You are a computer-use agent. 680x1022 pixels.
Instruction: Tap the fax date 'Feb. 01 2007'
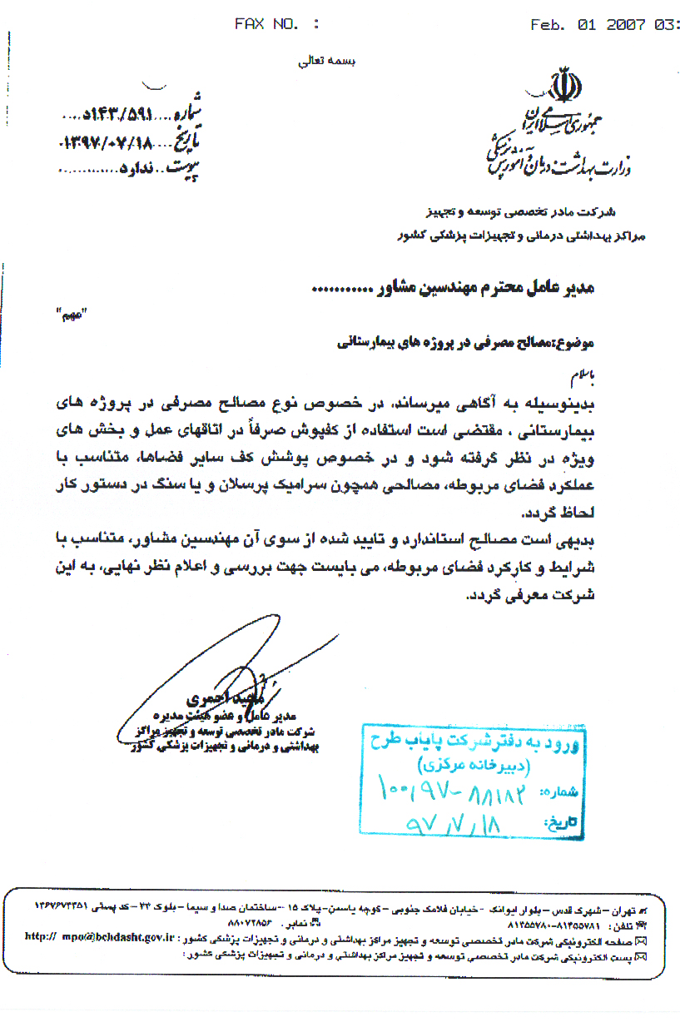tap(588, 24)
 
